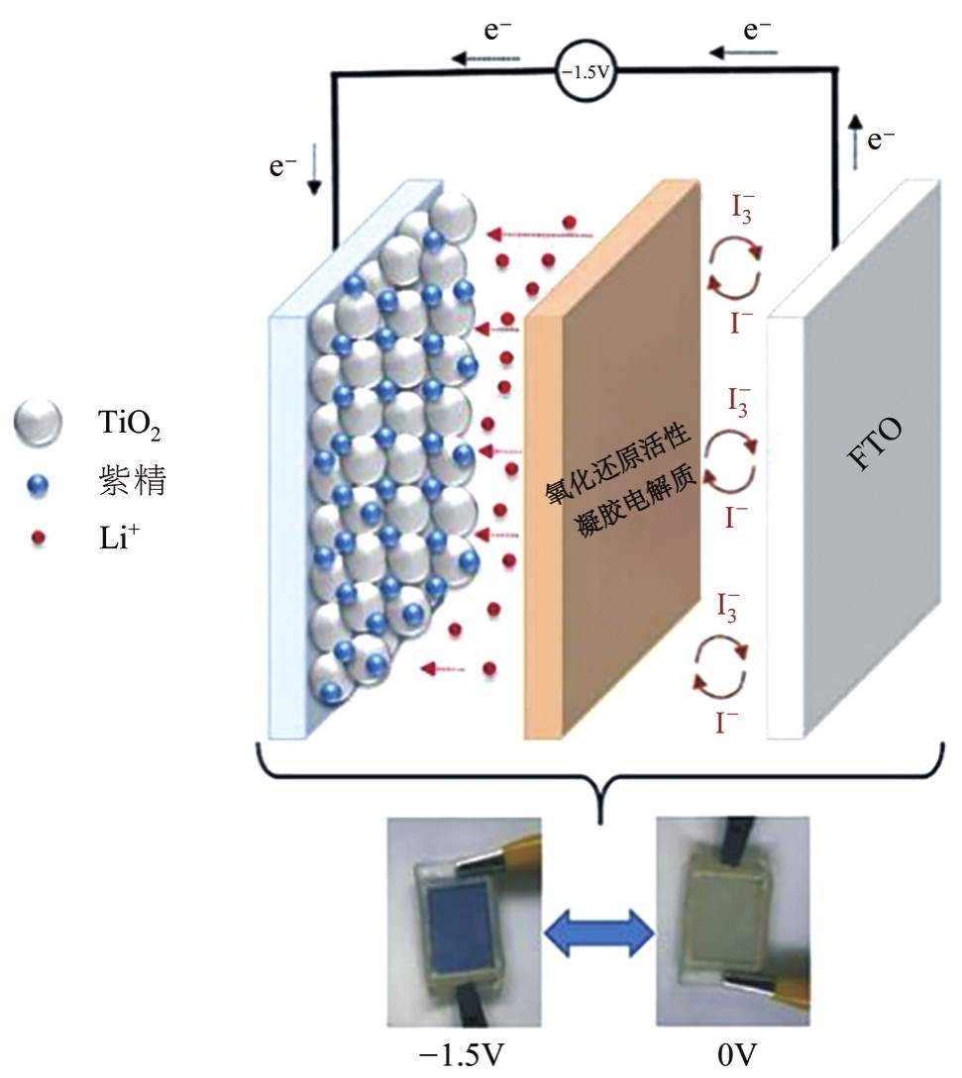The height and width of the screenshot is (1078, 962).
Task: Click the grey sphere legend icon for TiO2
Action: click(x=39, y=423)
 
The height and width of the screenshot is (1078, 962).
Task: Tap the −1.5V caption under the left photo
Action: click(x=463, y=1056)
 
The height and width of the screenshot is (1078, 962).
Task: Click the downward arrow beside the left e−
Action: click(x=314, y=177)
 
